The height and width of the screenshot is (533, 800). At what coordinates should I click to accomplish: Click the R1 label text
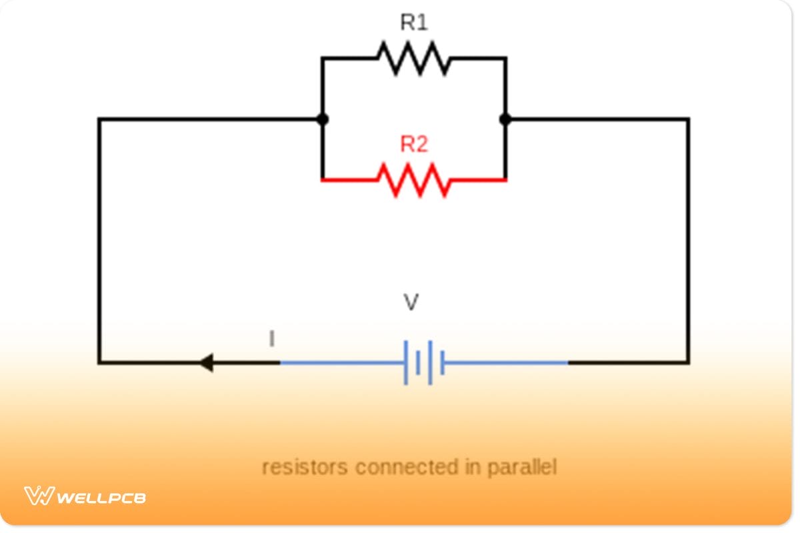[413, 23]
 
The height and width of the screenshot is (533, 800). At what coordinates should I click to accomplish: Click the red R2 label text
[413, 145]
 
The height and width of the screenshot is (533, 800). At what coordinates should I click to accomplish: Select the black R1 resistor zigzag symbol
[414, 59]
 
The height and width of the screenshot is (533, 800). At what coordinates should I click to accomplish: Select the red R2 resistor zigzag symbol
[414, 180]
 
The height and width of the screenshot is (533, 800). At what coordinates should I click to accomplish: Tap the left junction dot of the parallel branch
[322, 120]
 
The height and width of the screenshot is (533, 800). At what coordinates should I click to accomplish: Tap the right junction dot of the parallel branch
[505, 120]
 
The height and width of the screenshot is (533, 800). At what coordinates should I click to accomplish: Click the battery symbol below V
[424, 363]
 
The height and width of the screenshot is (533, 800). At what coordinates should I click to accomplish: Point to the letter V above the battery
[412, 303]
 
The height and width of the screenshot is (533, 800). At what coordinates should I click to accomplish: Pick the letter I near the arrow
[271, 339]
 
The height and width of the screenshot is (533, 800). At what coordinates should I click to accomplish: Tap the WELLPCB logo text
[101, 497]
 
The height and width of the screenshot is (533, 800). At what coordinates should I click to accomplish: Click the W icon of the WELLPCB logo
[39, 496]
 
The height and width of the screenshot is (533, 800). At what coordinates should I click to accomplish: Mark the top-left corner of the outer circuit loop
[99, 120]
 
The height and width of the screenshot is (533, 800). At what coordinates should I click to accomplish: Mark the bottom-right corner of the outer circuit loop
[688, 363]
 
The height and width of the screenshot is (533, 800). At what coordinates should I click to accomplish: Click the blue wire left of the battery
[340, 363]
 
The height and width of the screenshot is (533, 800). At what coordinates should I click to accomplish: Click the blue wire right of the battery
[507, 363]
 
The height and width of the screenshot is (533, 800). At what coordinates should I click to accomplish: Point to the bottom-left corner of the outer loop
[99, 363]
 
